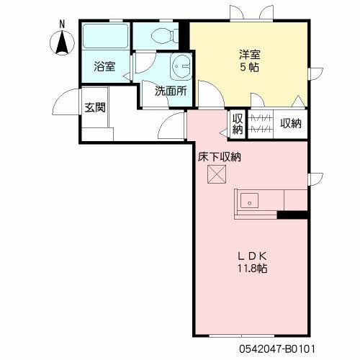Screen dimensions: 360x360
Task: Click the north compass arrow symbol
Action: (62, 43)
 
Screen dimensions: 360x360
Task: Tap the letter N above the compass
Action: (62, 24)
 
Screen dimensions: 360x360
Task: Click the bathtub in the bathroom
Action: (105, 36)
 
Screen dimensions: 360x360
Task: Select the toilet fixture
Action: (165, 36)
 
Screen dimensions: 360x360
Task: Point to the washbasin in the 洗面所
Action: (181, 67)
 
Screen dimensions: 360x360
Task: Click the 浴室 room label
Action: (104, 66)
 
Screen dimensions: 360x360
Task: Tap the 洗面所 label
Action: (171, 91)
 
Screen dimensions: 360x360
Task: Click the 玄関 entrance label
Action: (95, 107)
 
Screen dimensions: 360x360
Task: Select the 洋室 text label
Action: (250, 55)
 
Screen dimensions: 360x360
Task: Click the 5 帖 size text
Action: (250, 68)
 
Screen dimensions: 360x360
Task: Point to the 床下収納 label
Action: (220, 157)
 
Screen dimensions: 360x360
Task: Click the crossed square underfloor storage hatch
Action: (217, 174)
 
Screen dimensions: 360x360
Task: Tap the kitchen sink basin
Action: (249, 201)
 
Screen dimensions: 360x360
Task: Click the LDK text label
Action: (252, 256)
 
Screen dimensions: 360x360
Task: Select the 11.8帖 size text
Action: (252, 269)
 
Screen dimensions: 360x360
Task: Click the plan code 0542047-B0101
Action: (276, 349)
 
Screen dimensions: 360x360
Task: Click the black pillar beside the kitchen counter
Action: (292, 215)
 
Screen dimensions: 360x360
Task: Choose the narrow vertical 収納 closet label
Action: (238, 124)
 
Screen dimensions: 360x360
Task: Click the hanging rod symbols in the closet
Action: (261, 124)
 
